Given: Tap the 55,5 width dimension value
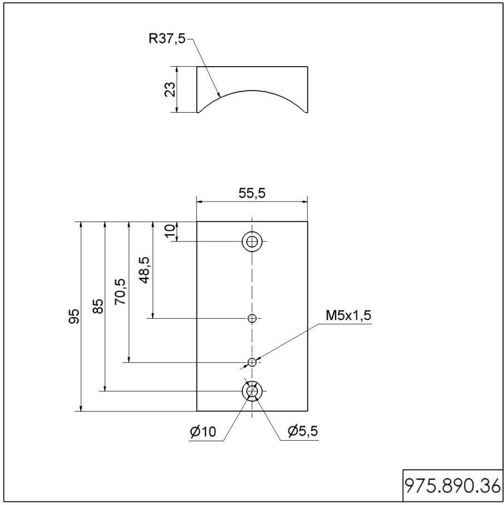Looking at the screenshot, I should (251, 193).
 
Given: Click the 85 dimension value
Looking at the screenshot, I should (98, 306).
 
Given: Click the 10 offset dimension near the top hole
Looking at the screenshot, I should (170, 231).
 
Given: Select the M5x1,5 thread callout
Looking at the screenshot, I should (348, 316).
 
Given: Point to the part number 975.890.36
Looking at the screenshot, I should (452, 486).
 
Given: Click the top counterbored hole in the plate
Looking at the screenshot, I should (252, 241).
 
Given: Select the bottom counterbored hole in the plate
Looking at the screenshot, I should (252, 391).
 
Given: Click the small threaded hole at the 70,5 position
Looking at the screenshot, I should (252, 362).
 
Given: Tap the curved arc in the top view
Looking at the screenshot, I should (252, 90).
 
